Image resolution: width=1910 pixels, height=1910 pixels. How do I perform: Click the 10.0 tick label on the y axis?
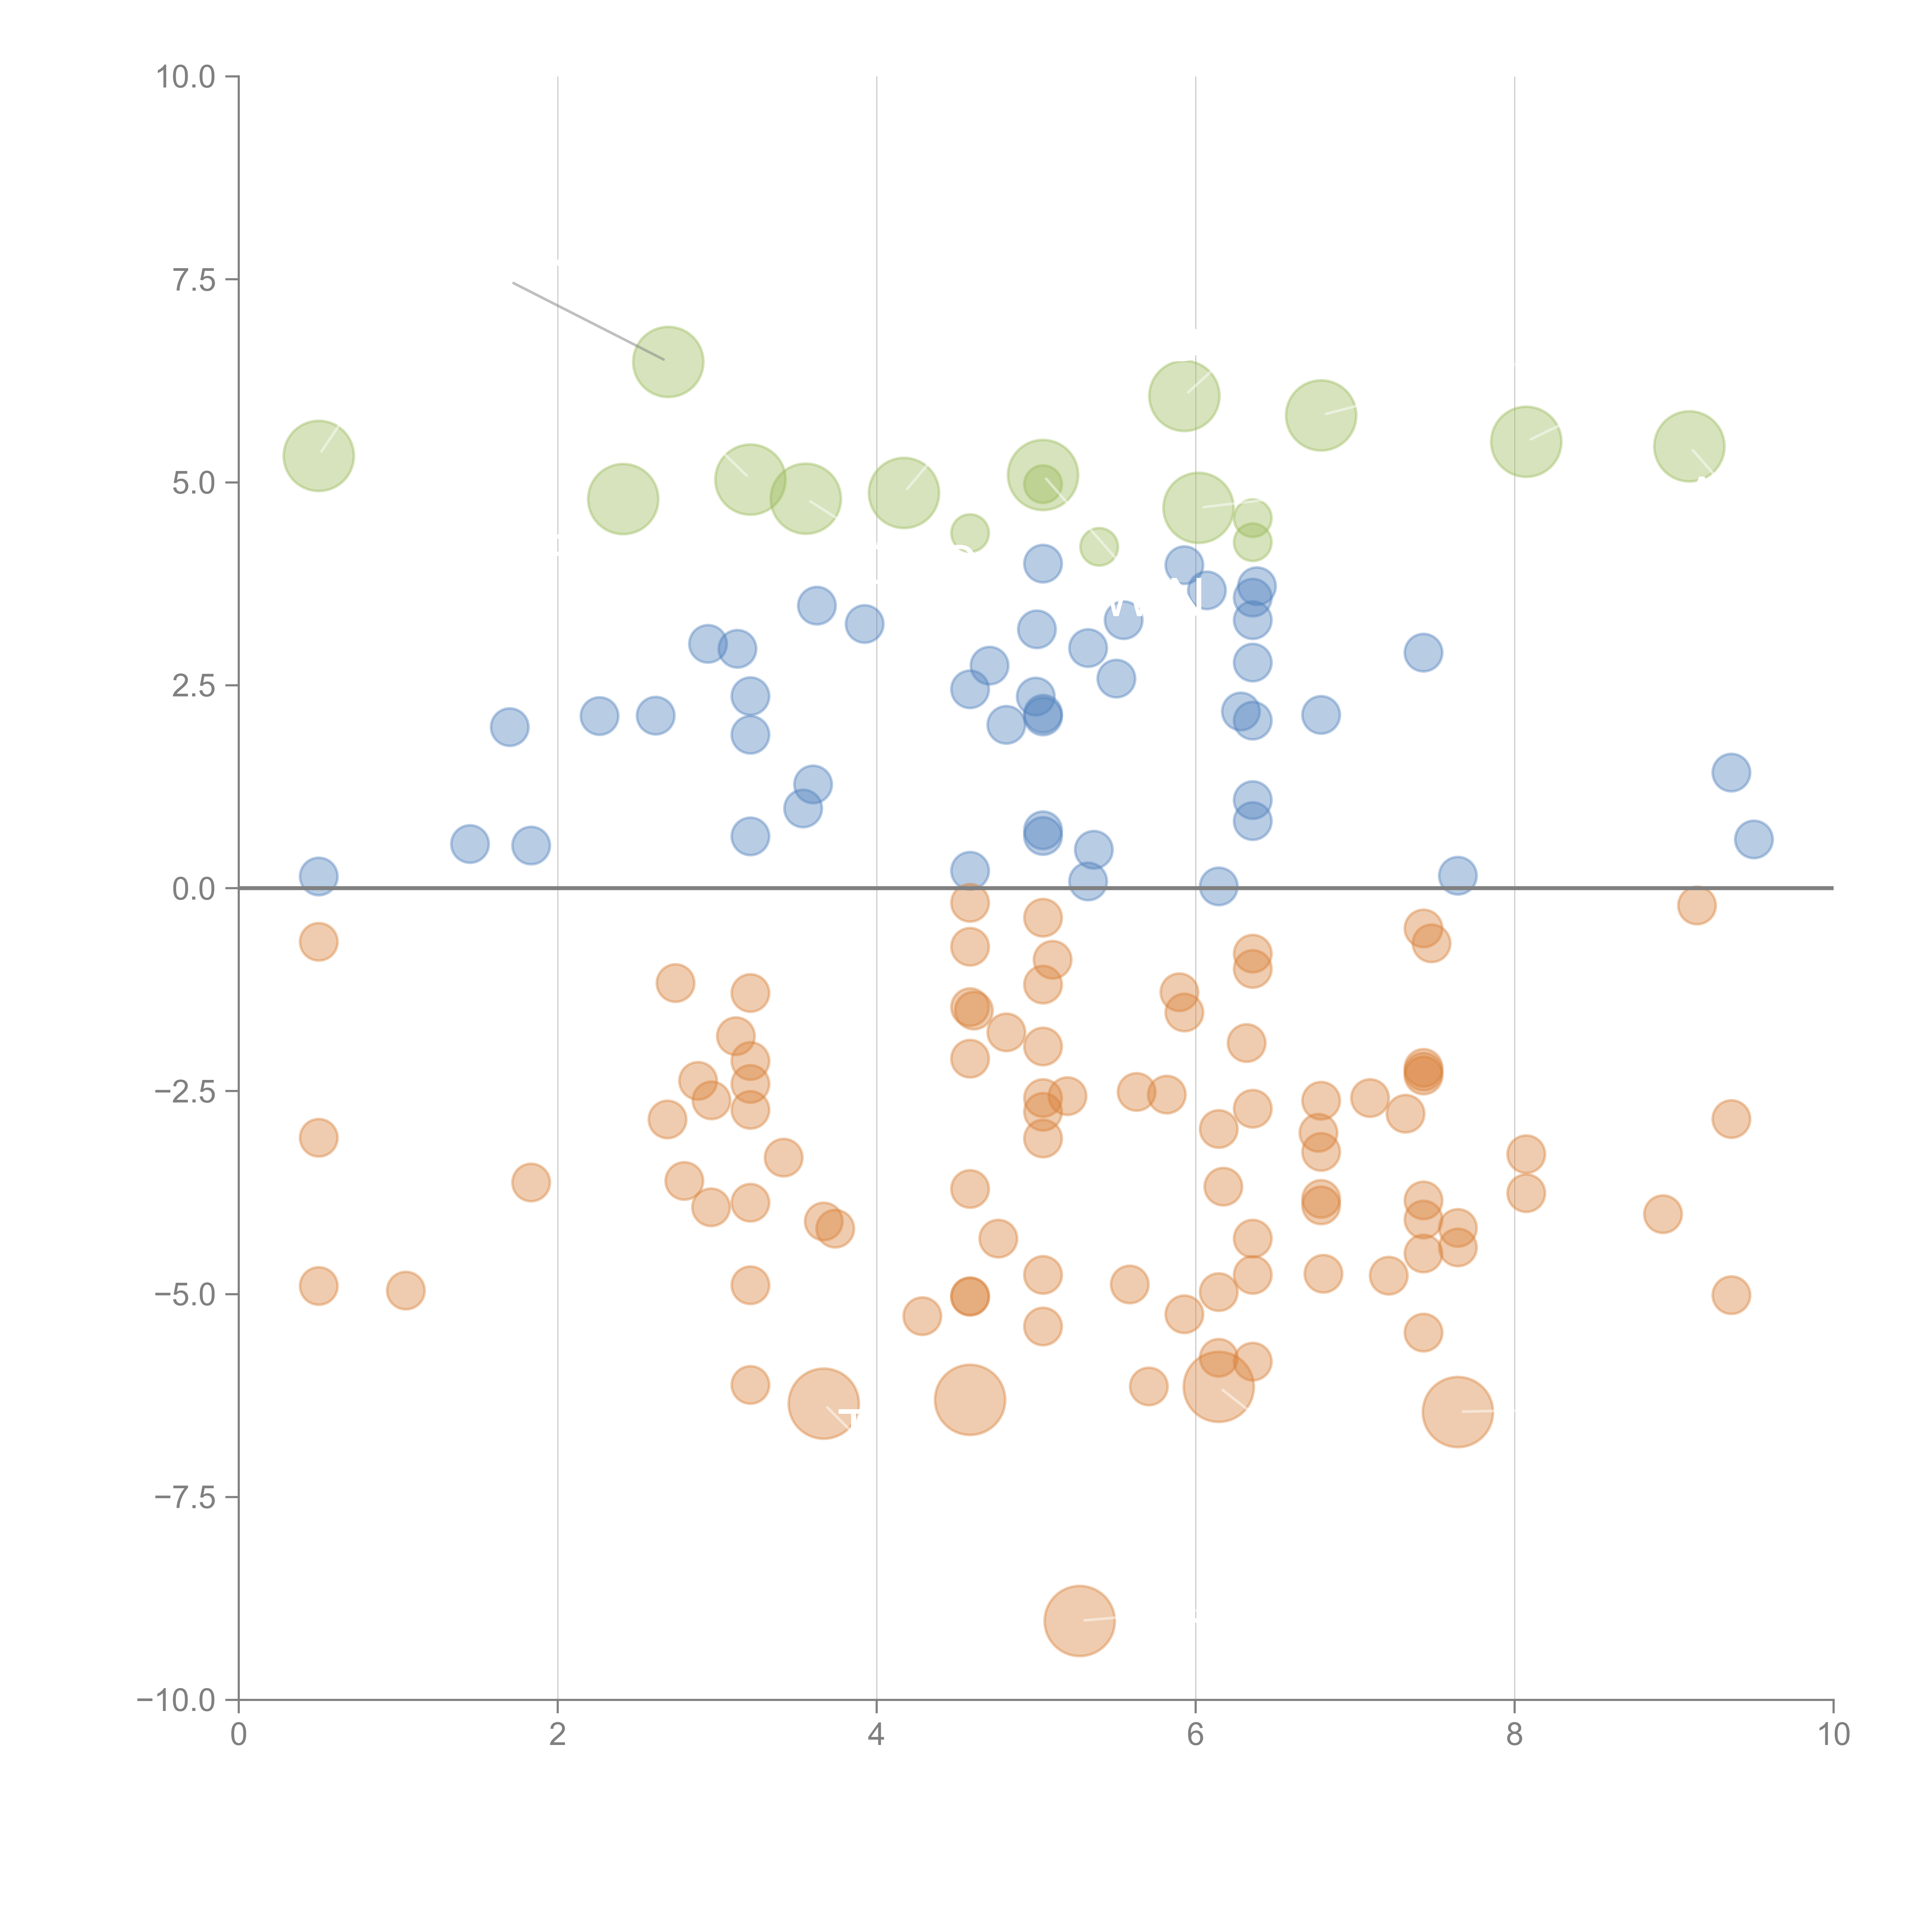[x=186, y=77]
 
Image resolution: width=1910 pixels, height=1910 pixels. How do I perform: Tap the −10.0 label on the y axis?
[x=176, y=1700]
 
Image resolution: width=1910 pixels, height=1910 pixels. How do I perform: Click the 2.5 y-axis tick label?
[x=194, y=686]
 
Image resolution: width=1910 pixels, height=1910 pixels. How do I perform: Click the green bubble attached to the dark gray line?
[x=668, y=362]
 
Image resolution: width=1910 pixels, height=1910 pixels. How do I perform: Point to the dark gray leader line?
[x=588, y=321]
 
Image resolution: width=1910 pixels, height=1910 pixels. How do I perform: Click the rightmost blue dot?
[x=1753, y=839]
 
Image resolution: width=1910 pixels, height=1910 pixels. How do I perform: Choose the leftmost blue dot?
[x=318, y=876]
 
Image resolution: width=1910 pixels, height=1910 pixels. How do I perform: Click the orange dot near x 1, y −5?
[x=405, y=1290]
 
